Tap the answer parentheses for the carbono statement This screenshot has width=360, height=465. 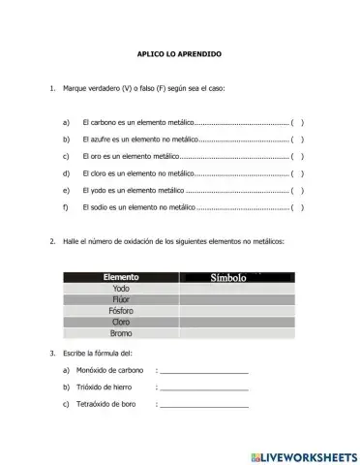(298, 124)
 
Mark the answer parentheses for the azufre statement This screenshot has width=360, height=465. (298, 140)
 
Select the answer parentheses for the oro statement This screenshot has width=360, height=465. (298, 157)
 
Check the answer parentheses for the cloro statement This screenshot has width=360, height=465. (298, 173)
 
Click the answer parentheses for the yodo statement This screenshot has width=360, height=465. (298, 191)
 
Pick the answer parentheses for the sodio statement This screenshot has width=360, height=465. (298, 207)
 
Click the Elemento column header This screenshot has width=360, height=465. (121, 277)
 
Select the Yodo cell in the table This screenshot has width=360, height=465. (121, 289)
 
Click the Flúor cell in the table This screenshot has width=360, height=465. (121, 299)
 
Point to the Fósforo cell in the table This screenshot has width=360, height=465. (121, 311)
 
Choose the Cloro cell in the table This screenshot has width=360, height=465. (121, 322)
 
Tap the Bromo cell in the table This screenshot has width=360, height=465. (121, 333)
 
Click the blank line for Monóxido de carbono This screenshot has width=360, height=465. (203, 372)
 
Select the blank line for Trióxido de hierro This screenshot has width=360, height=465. (203, 388)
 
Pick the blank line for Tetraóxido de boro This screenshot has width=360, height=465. (203, 405)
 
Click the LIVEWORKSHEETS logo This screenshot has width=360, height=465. (303, 454)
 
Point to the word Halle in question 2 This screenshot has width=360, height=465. (71, 241)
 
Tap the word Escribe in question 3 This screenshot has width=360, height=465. (74, 354)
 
